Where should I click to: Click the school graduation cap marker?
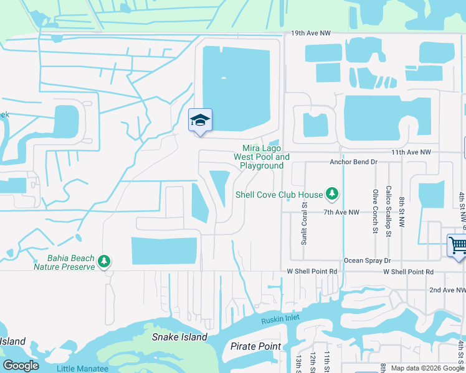(201, 120)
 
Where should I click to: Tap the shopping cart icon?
(458, 245)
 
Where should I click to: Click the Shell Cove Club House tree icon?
(333, 195)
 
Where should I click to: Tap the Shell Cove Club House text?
(279, 195)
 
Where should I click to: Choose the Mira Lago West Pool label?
(262, 157)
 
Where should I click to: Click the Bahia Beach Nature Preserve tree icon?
(105, 260)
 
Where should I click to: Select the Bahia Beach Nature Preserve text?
(64, 262)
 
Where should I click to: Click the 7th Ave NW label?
(341, 212)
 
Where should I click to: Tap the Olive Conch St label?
(375, 211)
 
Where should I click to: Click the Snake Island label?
(179, 337)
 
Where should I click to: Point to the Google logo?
(21, 366)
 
